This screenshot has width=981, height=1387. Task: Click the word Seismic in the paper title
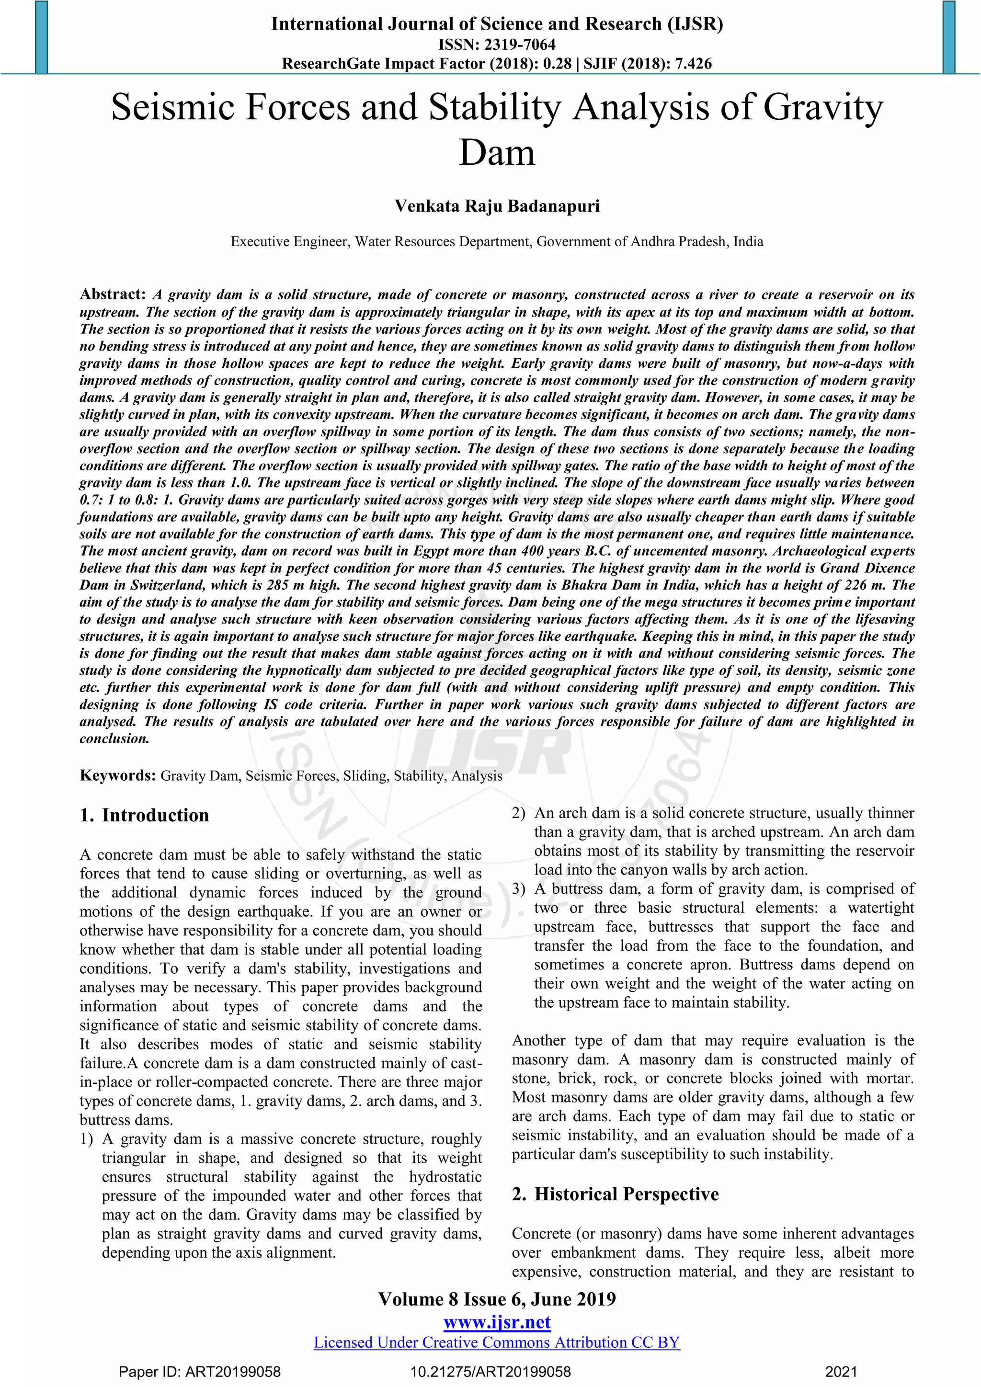(x=171, y=108)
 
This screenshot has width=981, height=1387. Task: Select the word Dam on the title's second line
(x=497, y=152)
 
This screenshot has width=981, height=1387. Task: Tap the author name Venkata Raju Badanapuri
(x=497, y=206)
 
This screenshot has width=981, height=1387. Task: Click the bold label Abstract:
(x=113, y=294)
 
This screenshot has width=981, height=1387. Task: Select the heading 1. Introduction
(x=144, y=815)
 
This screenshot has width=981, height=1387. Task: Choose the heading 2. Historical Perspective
(x=615, y=1194)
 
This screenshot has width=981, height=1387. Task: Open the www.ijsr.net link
(x=497, y=1322)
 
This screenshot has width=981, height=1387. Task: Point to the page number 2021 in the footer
(x=841, y=1372)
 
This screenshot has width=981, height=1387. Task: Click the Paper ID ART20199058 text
(x=199, y=1372)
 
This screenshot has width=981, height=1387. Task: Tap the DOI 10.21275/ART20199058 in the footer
(x=490, y=1372)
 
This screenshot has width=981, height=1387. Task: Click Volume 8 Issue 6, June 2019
(x=497, y=1299)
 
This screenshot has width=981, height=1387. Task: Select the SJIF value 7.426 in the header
(x=692, y=63)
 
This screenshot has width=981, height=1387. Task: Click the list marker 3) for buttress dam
(x=518, y=888)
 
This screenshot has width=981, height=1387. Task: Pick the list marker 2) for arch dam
(x=518, y=813)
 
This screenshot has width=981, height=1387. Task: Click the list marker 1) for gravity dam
(x=86, y=1139)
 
